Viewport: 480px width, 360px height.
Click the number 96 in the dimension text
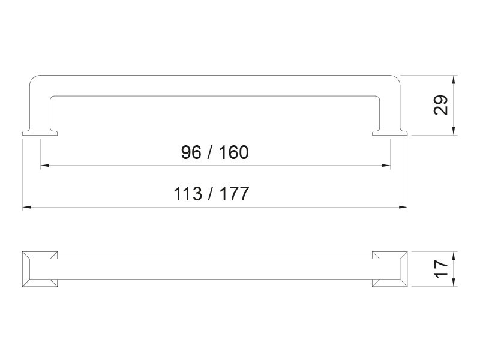(191, 152)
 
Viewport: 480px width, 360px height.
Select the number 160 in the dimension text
(233, 152)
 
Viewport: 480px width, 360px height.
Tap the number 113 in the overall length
(188, 194)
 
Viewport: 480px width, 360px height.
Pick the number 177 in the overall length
(234, 194)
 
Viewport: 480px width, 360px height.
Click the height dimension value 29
(441, 105)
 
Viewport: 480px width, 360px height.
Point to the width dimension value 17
(441, 269)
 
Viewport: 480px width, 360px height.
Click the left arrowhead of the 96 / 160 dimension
(44, 166)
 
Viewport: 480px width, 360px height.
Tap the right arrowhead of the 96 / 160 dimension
(386, 166)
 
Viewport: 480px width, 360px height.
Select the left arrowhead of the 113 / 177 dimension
(26, 207)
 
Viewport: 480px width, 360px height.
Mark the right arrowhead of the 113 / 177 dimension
(403, 207)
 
